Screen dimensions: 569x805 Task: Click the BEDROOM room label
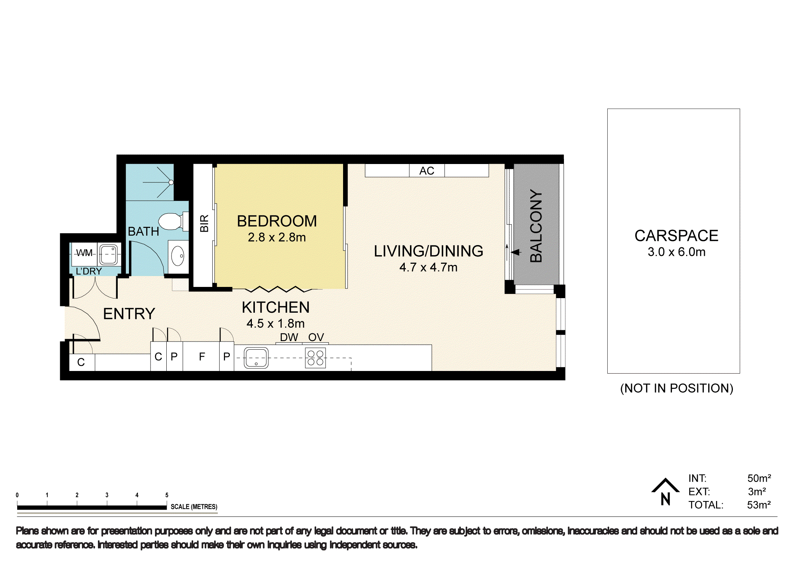(x=277, y=221)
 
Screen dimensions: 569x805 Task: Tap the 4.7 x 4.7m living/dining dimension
(x=428, y=268)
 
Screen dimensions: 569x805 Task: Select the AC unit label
(x=426, y=171)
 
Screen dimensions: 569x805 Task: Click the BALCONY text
(x=536, y=226)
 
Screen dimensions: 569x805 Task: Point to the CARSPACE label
(x=676, y=236)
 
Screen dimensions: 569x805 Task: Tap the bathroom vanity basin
(x=178, y=257)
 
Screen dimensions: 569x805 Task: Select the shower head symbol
(x=171, y=182)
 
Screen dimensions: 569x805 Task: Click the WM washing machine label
(x=84, y=253)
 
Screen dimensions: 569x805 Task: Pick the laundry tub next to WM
(x=109, y=254)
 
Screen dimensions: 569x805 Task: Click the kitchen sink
(x=256, y=358)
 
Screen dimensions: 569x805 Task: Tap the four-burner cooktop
(x=315, y=358)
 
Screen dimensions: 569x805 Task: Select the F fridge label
(x=202, y=357)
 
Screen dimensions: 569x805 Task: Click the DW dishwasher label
(x=289, y=337)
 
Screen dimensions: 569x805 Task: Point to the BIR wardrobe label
(x=204, y=223)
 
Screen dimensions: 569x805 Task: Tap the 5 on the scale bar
(x=167, y=495)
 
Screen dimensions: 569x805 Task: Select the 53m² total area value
(x=759, y=505)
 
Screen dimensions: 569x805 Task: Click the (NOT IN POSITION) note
(x=676, y=389)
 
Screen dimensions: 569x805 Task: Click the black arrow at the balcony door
(x=516, y=252)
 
